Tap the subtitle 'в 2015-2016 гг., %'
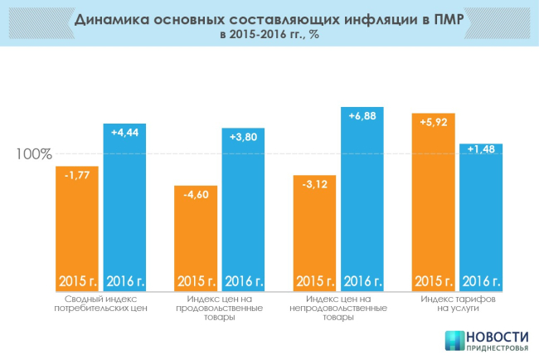pos(269,36)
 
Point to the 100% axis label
pos(35,154)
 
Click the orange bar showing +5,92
pos(434,199)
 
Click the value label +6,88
pos(362,115)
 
